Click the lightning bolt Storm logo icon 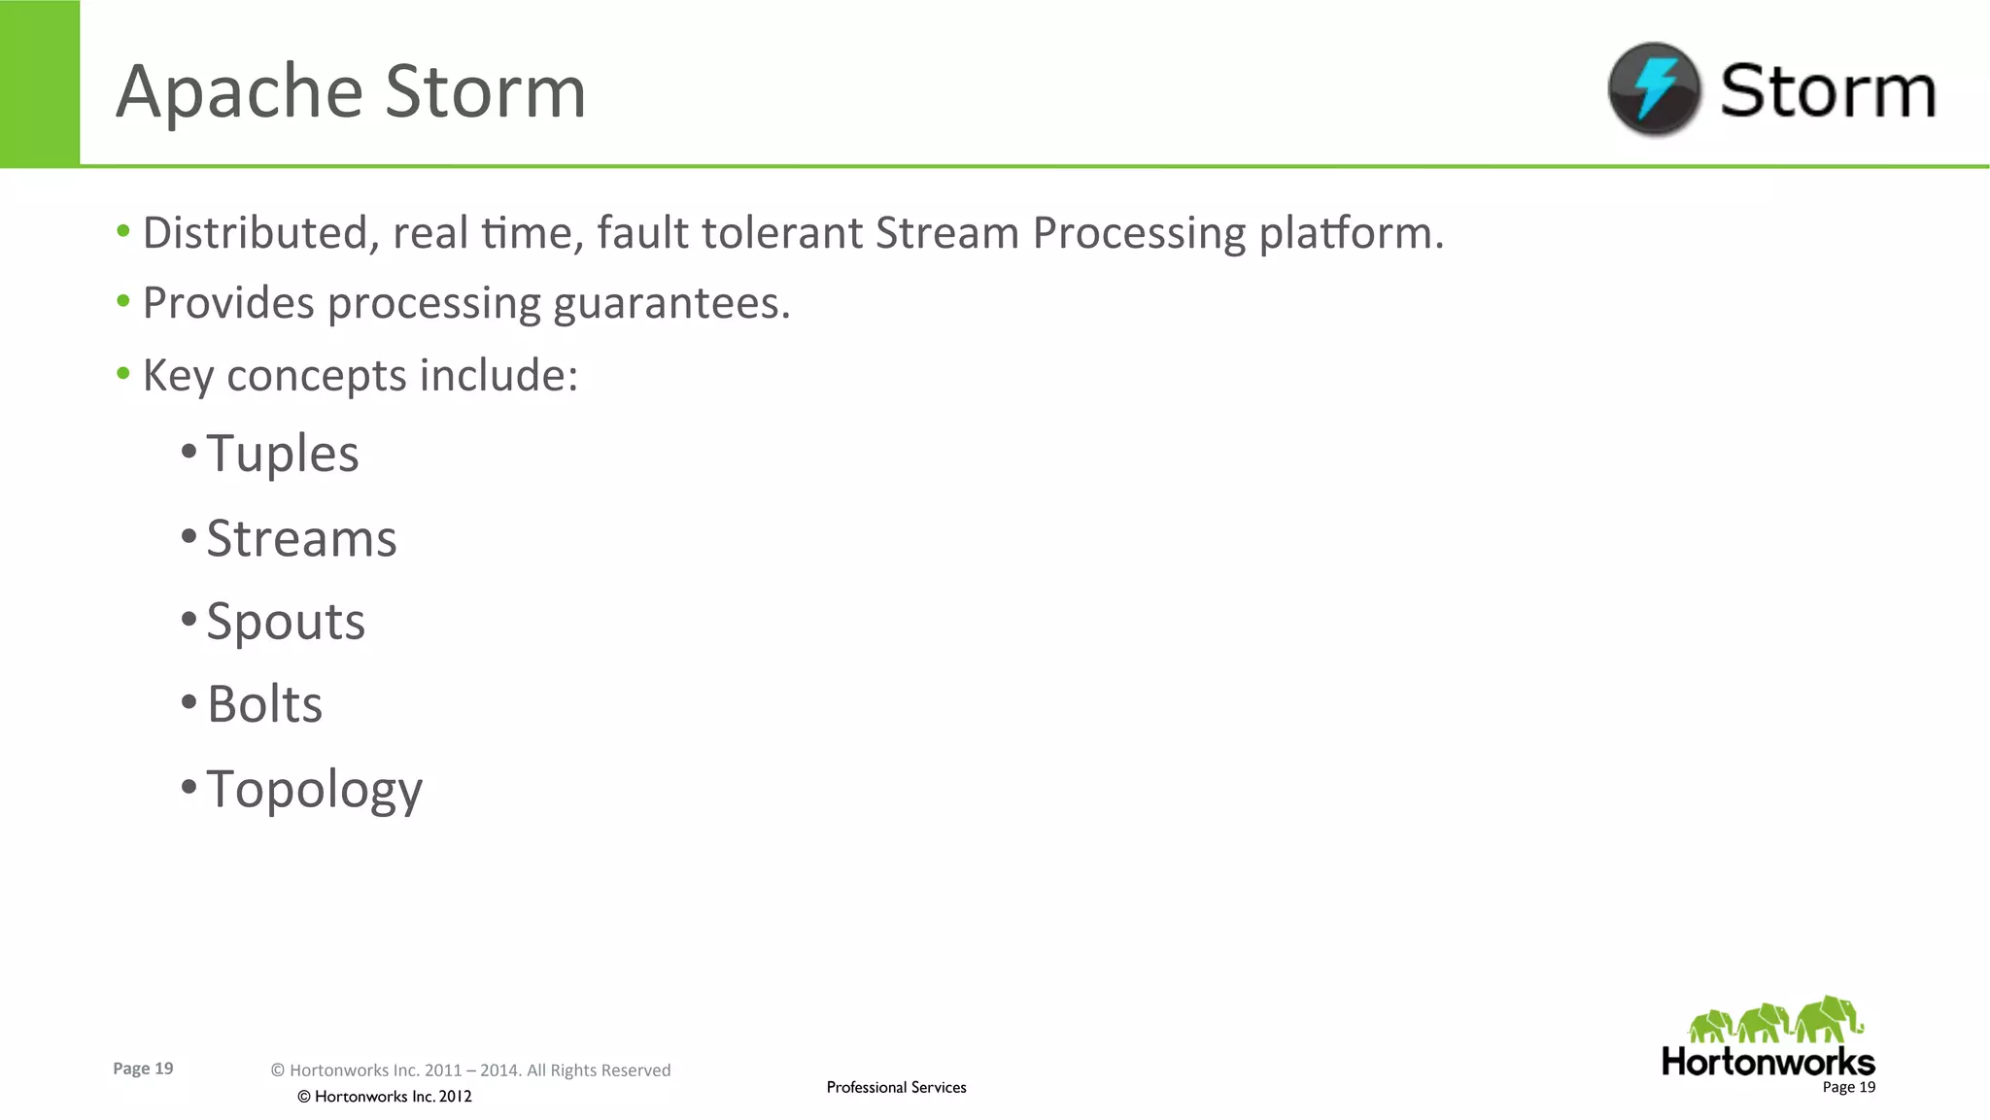[x=1654, y=88]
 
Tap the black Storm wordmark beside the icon [x=1828, y=90]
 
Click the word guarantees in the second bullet [x=671, y=304]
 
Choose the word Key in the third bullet [x=178, y=376]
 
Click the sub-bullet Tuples [x=283, y=454]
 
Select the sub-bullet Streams [x=301, y=538]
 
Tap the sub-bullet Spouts [x=286, y=622]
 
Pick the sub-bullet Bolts [x=264, y=704]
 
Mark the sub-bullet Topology [x=314, y=789]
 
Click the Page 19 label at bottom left [x=143, y=1069]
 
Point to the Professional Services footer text [x=896, y=1087]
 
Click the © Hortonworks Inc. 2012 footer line [x=385, y=1097]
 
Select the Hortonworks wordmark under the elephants [x=1767, y=1062]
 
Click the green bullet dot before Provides [x=123, y=302]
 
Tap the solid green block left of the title [x=40, y=83]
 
